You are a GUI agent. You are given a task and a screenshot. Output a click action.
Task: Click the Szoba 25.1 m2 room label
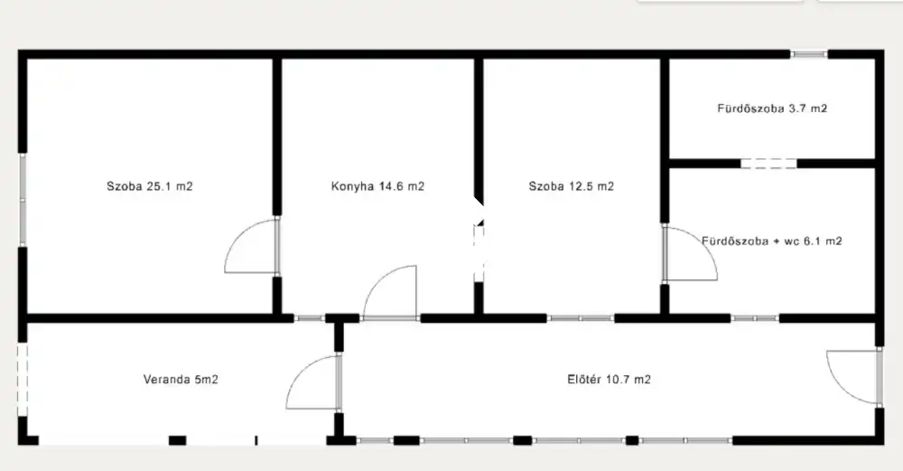pyautogui.click(x=150, y=186)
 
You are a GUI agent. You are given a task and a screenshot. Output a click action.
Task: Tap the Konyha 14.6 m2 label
pyautogui.click(x=377, y=186)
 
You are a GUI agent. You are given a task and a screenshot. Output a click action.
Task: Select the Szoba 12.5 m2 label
pyautogui.click(x=572, y=186)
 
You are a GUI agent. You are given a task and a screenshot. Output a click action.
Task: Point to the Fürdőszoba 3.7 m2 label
pyautogui.click(x=772, y=108)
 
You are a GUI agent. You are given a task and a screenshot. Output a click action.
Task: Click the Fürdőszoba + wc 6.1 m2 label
pyautogui.click(x=772, y=241)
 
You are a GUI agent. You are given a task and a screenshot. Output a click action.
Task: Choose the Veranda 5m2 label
pyautogui.click(x=181, y=380)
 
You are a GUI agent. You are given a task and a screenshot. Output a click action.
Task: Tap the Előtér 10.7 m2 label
pyautogui.click(x=609, y=380)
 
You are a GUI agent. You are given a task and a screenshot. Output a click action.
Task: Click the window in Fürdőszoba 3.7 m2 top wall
pyautogui.click(x=808, y=54)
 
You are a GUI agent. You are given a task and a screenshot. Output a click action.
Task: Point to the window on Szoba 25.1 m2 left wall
pyautogui.click(x=23, y=200)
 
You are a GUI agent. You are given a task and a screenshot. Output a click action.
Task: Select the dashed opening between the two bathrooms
pyautogui.click(x=768, y=164)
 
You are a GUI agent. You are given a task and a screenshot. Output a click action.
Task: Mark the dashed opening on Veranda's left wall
pyautogui.click(x=23, y=380)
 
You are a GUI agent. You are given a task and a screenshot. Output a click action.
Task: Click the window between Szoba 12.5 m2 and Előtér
pyautogui.click(x=581, y=318)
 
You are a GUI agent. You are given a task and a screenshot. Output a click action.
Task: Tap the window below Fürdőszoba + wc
pyautogui.click(x=755, y=318)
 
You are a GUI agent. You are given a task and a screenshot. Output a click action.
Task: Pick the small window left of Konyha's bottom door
pyautogui.click(x=309, y=318)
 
